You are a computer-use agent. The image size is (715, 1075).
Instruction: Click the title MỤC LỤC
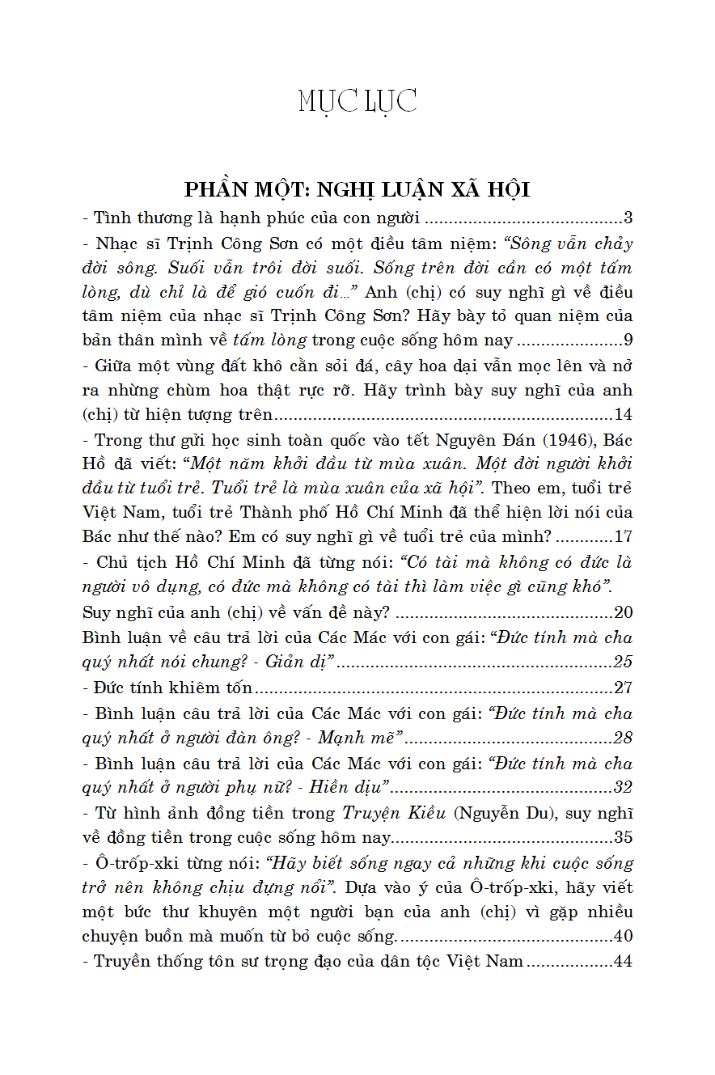(x=357, y=102)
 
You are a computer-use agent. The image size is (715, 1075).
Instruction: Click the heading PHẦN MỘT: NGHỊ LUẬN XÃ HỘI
(x=357, y=189)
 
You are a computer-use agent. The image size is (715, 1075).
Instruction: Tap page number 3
(x=628, y=218)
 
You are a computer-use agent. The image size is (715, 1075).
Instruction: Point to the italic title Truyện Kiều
(x=389, y=813)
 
